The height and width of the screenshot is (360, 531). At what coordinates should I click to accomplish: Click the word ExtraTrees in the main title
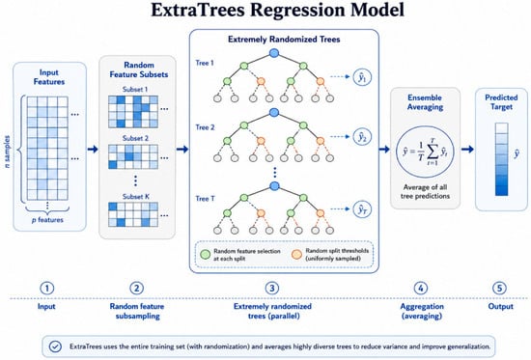197,10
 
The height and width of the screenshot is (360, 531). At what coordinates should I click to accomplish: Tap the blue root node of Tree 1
274,53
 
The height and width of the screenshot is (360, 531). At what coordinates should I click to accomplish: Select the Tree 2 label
205,127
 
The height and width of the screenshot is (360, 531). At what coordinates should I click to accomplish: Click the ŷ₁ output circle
362,77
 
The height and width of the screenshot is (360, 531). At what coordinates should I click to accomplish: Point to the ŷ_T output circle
362,209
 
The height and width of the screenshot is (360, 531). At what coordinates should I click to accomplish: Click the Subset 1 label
135,90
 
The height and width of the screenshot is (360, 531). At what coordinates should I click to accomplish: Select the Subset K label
135,197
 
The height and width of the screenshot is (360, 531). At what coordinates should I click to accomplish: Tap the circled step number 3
272,289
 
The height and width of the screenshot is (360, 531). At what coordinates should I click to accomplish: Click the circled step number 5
499,289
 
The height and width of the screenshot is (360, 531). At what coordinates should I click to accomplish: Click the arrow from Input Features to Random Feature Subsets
93,149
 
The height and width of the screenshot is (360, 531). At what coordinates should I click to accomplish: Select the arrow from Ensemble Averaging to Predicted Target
467,149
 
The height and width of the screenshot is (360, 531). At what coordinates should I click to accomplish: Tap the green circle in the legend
206,255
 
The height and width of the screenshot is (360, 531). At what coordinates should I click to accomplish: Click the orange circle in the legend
296,255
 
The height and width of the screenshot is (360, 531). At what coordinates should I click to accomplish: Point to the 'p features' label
47,220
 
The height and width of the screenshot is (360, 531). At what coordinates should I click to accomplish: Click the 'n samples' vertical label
7,152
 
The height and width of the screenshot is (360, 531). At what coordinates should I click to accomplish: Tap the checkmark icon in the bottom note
55,346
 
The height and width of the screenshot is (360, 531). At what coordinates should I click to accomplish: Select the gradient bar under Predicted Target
501,159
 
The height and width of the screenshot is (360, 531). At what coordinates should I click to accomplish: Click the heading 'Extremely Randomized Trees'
284,40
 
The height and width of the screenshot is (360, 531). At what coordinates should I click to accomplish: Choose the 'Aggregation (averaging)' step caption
422,311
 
